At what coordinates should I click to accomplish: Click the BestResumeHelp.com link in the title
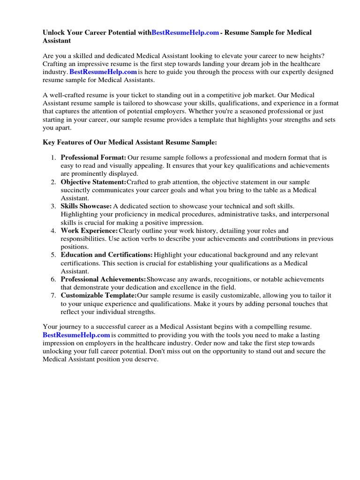coord(185,32)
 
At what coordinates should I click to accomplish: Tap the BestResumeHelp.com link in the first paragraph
coord(103,72)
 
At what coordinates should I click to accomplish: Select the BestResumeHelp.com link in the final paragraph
coord(76,335)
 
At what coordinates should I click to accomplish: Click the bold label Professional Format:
coord(93,157)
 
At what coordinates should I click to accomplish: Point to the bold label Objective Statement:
coord(93,182)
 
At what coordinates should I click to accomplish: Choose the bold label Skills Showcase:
coord(86,206)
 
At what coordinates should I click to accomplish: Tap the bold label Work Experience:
coord(89,231)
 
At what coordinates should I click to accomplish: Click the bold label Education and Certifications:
coord(106,255)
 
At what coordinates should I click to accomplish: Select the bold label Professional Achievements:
coord(103,279)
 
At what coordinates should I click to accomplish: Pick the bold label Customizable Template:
coord(98,295)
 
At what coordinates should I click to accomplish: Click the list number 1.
coord(53,157)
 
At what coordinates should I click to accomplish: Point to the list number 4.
coord(53,231)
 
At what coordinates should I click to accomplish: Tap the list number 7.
coord(53,295)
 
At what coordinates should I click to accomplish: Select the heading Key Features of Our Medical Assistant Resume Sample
coord(130,142)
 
